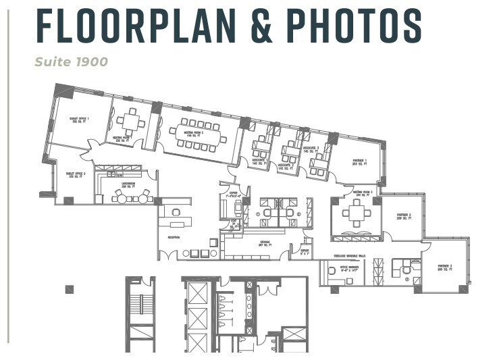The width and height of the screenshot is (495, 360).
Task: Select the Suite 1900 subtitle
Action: click(72, 62)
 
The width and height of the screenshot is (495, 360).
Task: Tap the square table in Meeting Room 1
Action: click(131, 122)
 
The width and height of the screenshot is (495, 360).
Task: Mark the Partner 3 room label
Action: click(444, 267)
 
